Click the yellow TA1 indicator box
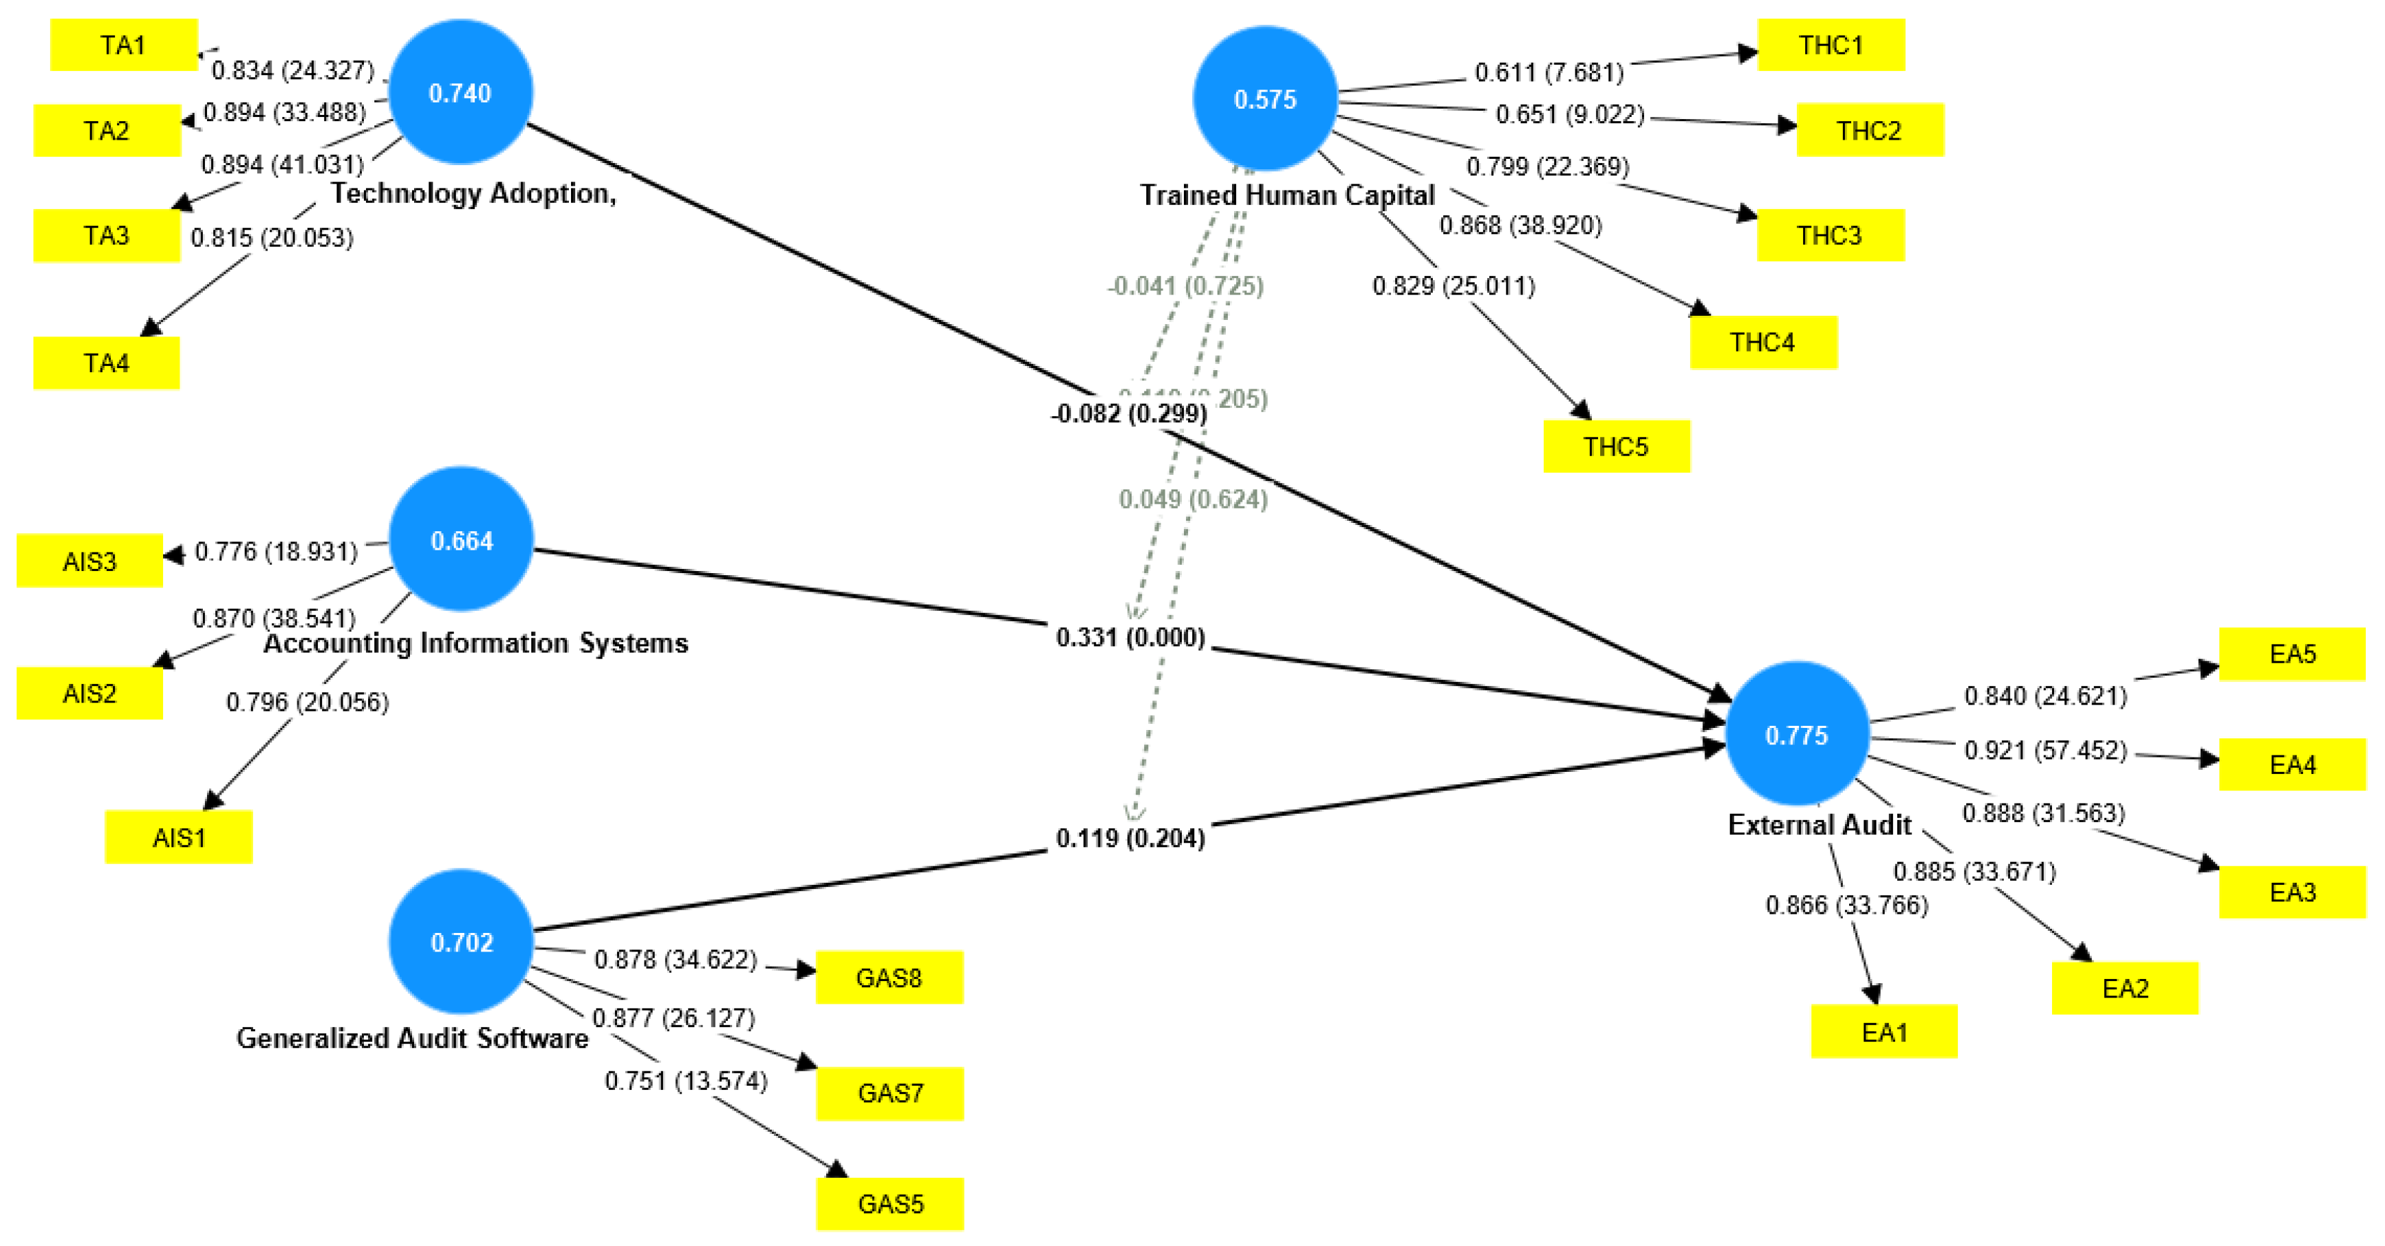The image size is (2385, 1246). pyautogui.click(x=123, y=45)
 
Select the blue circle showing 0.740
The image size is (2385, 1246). pyautogui.click(x=460, y=93)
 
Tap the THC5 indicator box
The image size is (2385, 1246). pyautogui.click(x=1616, y=447)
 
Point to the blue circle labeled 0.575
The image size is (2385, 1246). pyautogui.click(x=1264, y=99)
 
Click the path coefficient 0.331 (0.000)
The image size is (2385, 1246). pyautogui.click(x=1130, y=637)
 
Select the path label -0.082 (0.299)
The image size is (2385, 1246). pyautogui.click(x=1129, y=413)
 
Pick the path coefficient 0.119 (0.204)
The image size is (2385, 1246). pyautogui.click(x=1130, y=838)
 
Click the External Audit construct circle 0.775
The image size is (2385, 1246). pyautogui.click(x=1796, y=735)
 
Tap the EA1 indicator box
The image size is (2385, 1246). pyautogui.click(x=1884, y=1031)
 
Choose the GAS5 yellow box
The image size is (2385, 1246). pyautogui.click(x=889, y=1203)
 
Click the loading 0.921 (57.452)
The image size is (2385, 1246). pyautogui.click(x=2045, y=750)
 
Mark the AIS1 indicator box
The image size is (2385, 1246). pyautogui.click(x=179, y=837)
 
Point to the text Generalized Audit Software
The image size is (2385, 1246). pyautogui.click(x=412, y=1038)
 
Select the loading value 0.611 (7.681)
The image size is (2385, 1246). pyautogui.click(x=1549, y=72)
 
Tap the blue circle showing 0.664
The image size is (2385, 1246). pyautogui.click(x=461, y=539)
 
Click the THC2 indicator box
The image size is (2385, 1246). pyautogui.click(x=1869, y=129)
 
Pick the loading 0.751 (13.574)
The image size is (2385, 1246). pyautogui.click(x=686, y=1080)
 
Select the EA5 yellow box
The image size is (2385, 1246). pyautogui.click(x=2291, y=654)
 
